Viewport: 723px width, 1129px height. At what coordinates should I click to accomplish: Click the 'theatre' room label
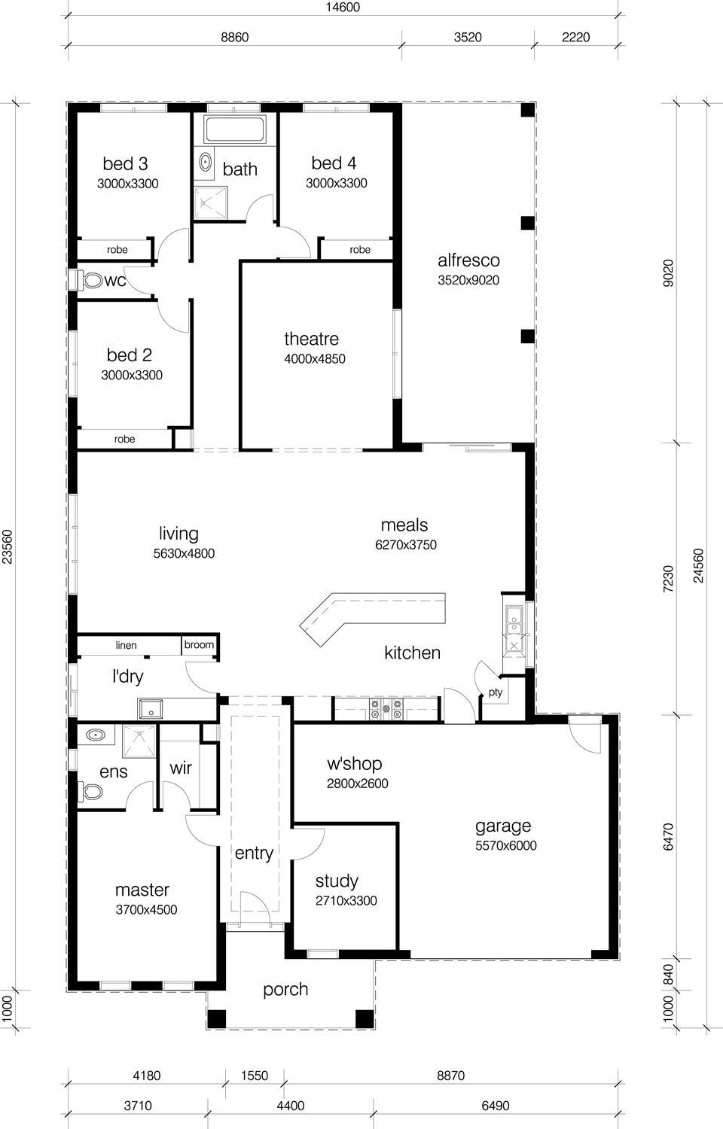point(311,339)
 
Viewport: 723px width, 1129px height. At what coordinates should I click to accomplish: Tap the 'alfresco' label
point(468,260)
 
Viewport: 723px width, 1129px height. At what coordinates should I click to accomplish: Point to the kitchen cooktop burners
point(386,708)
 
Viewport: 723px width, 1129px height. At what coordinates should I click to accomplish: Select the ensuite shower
point(138,741)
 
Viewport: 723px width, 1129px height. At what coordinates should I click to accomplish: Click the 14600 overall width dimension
point(343,8)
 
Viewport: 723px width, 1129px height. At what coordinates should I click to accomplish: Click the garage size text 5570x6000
point(506,845)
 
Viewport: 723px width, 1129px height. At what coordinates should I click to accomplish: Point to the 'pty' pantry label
point(495,692)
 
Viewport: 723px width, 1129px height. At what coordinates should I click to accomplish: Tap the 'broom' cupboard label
point(199,645)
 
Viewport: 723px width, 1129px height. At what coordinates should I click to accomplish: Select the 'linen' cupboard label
point(126,646)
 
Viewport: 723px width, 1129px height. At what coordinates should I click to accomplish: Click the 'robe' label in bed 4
point(360,249)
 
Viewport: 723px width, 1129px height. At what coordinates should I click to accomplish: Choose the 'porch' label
point(285,989)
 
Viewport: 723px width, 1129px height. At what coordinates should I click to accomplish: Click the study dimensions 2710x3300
point(346,901)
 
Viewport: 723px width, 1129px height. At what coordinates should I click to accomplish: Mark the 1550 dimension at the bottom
point(254,1076)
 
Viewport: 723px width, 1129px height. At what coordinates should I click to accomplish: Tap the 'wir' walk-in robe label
point(181,768)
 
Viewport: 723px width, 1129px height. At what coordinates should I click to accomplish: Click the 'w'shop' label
point(354,764)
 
